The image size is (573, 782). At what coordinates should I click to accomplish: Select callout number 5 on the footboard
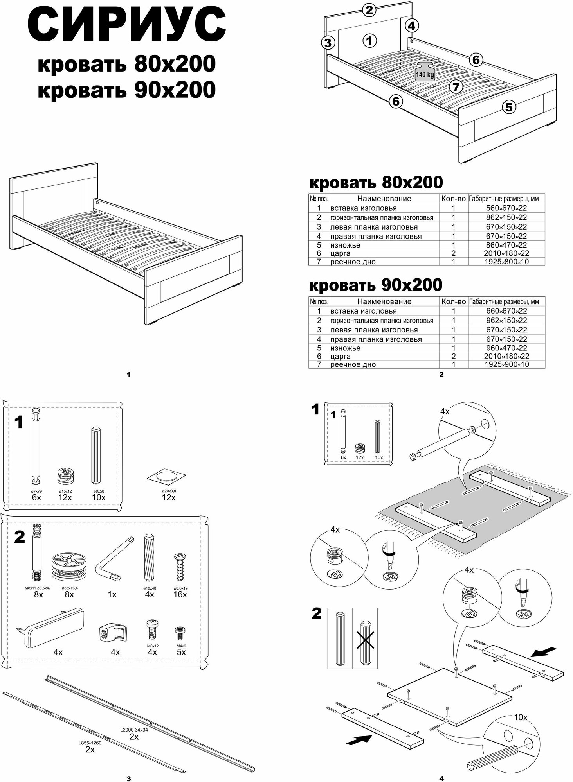[509, 106]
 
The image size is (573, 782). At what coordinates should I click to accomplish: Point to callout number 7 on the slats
[456, 86]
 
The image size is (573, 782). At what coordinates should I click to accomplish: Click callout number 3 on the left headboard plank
[328, 43]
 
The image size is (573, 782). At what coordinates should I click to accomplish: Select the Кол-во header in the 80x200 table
[453, 199]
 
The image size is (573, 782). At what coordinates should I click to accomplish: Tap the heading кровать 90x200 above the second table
[376, 285]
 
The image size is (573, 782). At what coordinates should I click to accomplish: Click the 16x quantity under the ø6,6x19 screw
[180, 594]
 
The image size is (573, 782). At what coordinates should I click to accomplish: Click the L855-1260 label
[90, 743]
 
